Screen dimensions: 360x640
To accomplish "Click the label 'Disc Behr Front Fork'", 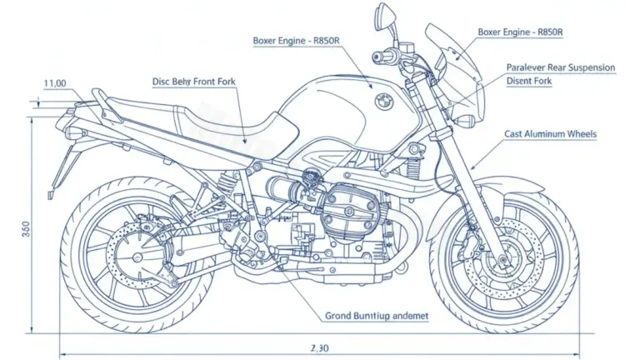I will [x=195, y=81].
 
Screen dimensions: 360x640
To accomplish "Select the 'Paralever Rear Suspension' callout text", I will [x=561, y=67].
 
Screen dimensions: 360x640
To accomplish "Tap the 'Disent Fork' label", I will [x=528, y=81].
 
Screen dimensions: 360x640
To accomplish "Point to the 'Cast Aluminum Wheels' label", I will [x=551, y=133].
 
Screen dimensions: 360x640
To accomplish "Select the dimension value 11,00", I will [x=55, y=83].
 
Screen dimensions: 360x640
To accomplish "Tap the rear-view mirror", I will [x=385, y=15].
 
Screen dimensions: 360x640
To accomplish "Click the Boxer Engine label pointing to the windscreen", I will [x=520, y=32].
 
